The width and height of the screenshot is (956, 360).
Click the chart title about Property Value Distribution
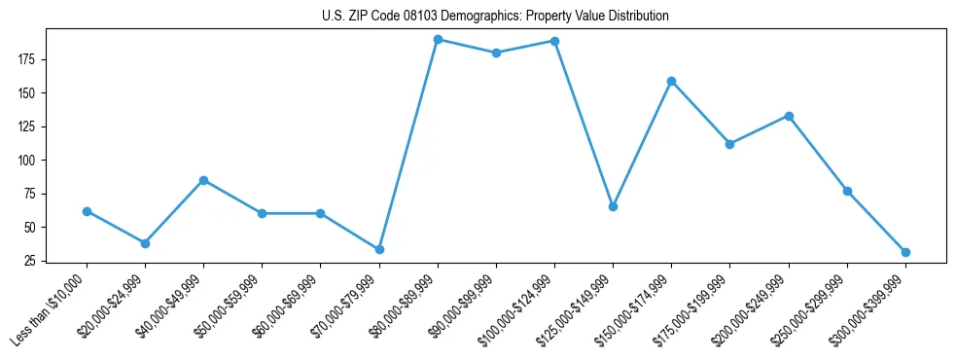pyautogui.click(x=495, y=17)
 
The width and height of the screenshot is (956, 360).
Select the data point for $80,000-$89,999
pyautogui.click(x=438, y=40)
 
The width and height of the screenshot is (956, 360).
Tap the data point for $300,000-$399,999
pyautogui.click(x=905, y=252)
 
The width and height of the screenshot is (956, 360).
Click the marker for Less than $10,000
pyautogui.click(x=87, y=211)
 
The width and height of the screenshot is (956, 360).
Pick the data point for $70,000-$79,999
pyautogui.click(x=379, y=249)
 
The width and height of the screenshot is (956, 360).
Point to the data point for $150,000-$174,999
pyautogui.click(x=671, y=81)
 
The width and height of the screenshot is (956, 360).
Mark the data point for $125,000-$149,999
pyautogui.click(x=613, y=206)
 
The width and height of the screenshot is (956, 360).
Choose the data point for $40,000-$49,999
pyautogui.click(x=203, y=180)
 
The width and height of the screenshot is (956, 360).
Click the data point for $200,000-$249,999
pyautogui.click(x=789, y=116)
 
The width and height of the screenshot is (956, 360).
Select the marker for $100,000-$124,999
pyautogui.click(x=554, y=41)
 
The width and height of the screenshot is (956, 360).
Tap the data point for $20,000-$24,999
pyautogui.click(x=145, y=243)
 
